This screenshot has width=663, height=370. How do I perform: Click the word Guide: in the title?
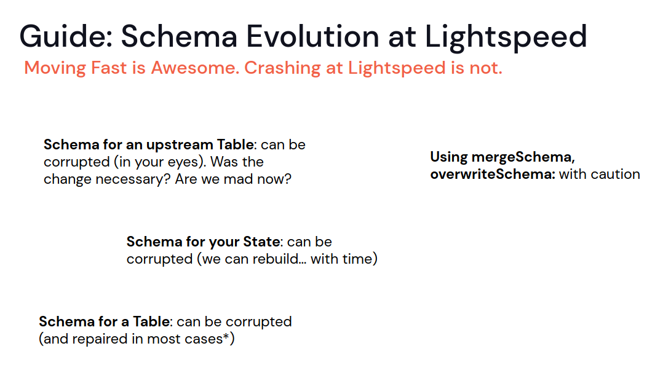coord(66,36)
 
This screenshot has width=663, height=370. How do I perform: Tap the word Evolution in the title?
coord(312,36)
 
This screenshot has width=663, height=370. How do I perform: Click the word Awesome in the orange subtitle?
coord(195,68)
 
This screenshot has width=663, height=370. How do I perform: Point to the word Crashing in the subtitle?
coord(282,68)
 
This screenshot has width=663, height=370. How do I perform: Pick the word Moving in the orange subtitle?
coord(55,68)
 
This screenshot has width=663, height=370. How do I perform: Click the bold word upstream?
coord(180,146)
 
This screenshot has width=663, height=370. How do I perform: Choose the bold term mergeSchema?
coord(523,157)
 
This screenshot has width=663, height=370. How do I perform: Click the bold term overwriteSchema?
coord(493,175)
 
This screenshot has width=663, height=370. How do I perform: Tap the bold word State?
coord(262,242)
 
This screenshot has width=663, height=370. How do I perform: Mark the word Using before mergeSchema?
coord(449,157)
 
